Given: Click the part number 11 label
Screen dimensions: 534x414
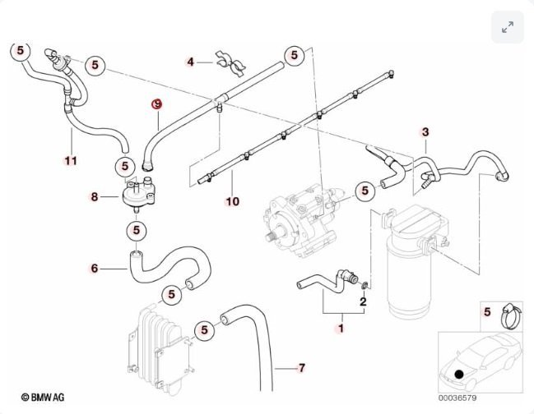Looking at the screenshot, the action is coord(72,160).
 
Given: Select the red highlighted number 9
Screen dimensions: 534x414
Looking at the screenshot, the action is coord(156,104).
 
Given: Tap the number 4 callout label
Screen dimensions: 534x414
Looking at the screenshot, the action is coord(190,62).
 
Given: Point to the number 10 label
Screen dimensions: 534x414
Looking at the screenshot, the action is coord(233,201).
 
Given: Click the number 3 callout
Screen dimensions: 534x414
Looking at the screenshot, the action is coord(425,132).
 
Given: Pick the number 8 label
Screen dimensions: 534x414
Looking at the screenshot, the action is coord(95,196).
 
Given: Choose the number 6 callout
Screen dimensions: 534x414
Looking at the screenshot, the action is coord(95,268).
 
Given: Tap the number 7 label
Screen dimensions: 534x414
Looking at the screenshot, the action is coord(302,367).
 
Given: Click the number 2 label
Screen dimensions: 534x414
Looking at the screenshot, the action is coord(363,301).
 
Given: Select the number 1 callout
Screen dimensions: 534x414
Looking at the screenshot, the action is coord(340,329).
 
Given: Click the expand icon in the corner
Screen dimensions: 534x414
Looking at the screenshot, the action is coord(508,27).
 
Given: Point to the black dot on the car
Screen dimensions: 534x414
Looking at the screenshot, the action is coord(459,375).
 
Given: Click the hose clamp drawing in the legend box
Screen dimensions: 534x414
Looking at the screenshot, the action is coord(511,316).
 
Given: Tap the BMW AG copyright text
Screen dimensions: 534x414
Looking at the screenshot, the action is coord(43,397).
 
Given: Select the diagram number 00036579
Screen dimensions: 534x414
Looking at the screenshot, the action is coord(457,398).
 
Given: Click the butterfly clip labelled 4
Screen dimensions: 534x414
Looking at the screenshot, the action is coord(230,63).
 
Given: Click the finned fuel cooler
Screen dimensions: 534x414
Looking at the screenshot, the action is coord(161,350).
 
